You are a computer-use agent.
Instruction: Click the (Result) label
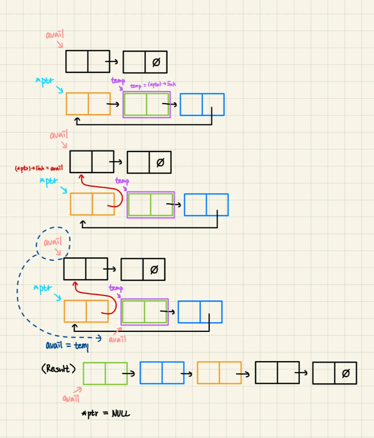(58, 369)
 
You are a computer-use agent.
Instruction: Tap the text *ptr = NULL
(105, 414)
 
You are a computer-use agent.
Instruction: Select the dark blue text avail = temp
(67, 346)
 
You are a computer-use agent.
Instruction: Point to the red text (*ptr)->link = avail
(38, 168)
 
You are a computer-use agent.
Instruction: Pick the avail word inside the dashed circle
(52, 242)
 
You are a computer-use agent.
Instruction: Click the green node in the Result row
(105, 373)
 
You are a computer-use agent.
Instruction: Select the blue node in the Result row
(162, 373)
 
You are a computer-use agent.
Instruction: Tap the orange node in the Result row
(219, 373)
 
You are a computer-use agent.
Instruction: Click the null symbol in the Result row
(346, 373)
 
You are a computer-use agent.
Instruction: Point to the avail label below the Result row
(71, 399)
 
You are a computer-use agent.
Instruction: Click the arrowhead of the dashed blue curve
(99, 338)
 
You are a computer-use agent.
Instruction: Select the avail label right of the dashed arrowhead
(117, 339)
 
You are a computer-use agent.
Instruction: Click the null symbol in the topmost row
(156, 62)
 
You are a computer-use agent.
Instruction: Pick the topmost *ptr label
(44, 82)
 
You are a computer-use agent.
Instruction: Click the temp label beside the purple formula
(118, 81)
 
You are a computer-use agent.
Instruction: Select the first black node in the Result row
(277, 372)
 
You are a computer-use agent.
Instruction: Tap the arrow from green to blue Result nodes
(129, 373)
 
